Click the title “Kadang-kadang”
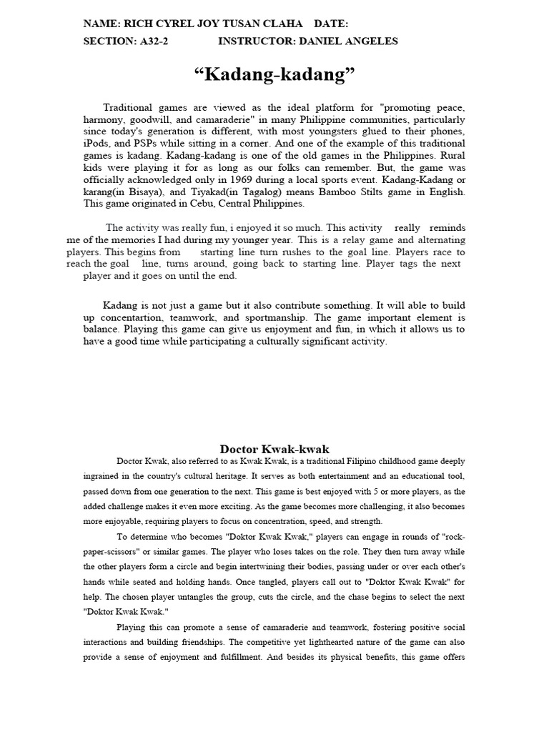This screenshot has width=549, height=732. click(274, 74)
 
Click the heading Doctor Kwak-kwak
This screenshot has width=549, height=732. click(274, 449)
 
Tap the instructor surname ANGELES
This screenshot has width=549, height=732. click(371, 41)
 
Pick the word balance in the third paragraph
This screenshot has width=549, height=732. click(101, 330)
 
